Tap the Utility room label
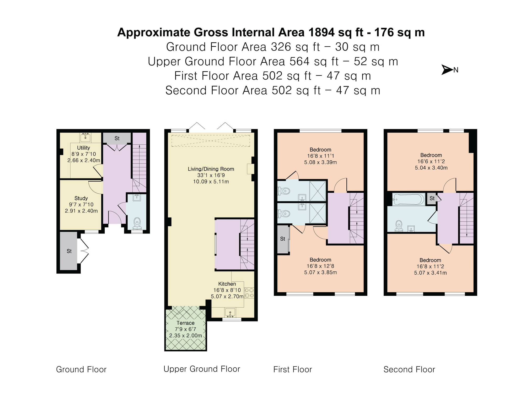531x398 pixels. [83, 148]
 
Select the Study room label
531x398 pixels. [81, 198]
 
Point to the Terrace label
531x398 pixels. [185, 323]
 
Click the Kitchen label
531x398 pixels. [227, 284]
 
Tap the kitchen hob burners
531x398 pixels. [249, 293]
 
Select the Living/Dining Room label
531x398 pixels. [211, 169]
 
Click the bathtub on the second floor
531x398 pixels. [409, 200]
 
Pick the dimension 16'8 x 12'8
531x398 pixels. [320, 266]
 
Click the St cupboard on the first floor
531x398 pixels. [283, 239]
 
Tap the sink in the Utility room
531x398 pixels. [85, 137]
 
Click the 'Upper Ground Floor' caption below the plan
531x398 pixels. [202, 369]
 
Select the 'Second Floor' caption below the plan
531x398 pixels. [409, 369]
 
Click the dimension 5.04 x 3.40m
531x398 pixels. [431, 168]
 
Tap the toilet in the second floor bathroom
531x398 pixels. [399, 226]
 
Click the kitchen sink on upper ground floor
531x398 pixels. [230, 313]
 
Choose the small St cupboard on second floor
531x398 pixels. [432, 199]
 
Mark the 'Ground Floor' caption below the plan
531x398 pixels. [81, 369]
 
